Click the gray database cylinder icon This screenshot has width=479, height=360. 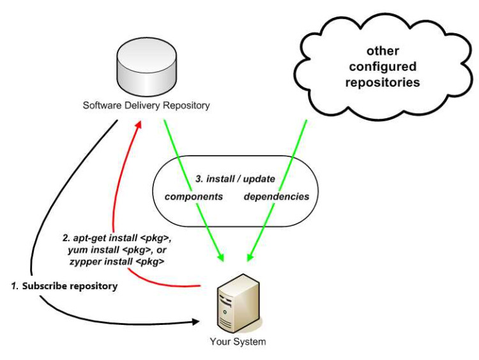tap(146, 67)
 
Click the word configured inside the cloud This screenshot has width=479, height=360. tap(383, 66)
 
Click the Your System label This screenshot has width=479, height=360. tap(238, 341)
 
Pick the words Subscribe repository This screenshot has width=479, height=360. tap(70, 287)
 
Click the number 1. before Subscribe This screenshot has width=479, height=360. tap(15, 287)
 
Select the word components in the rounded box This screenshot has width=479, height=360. tap(194, 197)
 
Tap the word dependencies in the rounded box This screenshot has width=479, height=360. tap(276, 197)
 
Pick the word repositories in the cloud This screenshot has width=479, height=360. tap(383, 82)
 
